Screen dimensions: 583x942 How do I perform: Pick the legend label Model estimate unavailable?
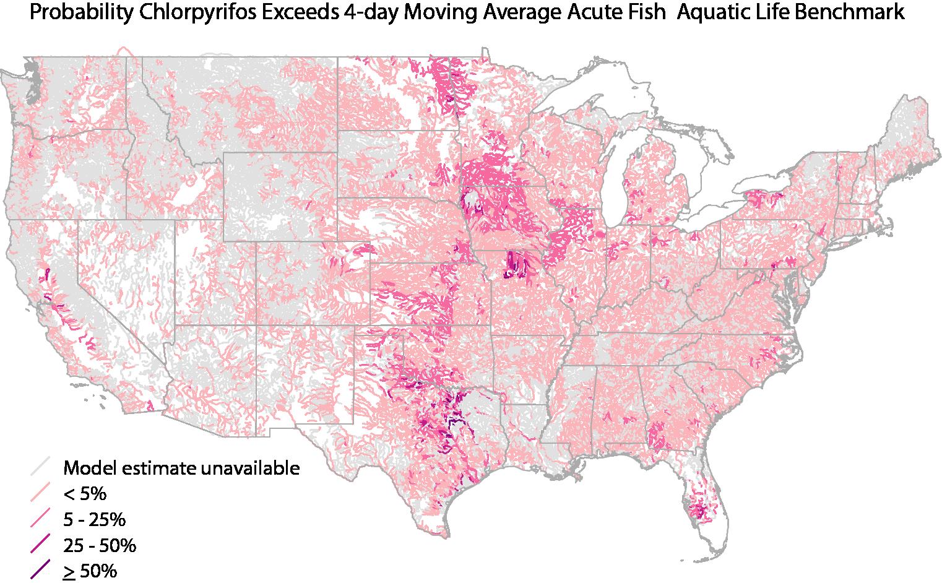point(181,468)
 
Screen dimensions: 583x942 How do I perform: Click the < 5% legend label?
point(85,494)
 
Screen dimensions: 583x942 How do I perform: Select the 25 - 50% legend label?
point(99,546)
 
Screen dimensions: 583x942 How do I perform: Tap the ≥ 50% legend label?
point(90,571)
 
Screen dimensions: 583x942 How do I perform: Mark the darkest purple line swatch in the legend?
point(41,571)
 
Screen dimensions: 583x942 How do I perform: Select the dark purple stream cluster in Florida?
point(700,511)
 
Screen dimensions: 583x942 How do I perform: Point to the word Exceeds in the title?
point(297,13)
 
